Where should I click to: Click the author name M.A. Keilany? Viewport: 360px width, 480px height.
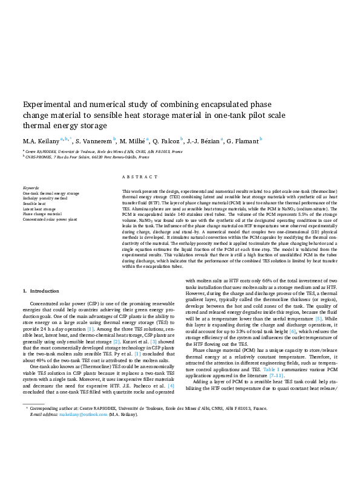pyautogui.click(x=40, y=141)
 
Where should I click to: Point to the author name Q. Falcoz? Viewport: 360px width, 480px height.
pyautogui.click(x=166, y=141)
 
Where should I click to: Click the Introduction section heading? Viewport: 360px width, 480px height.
pyautogui.click(x=45, y=291)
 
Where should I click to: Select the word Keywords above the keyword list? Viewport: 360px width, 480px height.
pyautogui.click(x=31, y=188)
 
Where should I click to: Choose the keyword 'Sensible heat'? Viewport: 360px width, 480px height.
pyautogui.click(x=35, y=203)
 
